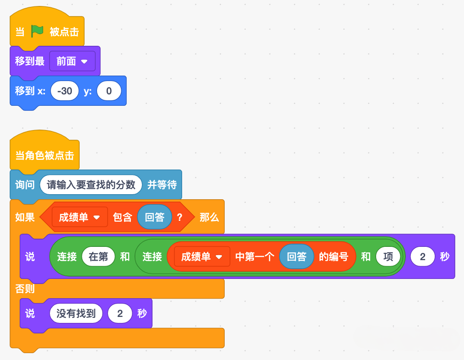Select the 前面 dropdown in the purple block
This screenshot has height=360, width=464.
(72, 61)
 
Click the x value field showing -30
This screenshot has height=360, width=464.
(65, 91)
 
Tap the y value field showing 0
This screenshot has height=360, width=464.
(109, 91)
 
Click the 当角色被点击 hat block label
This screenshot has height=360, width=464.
(45, 155)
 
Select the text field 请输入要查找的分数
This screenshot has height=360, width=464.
(91, 185)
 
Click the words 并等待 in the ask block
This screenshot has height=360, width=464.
(162, 185)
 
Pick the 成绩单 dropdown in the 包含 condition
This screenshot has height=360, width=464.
(80, 217)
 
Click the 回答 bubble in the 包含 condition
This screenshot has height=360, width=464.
(155, 217)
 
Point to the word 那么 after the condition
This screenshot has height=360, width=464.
(209, 217)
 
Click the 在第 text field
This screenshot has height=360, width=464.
(98, 256)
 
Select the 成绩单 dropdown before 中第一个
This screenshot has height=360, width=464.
(202, 256)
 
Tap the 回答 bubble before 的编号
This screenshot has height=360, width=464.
(297, 256)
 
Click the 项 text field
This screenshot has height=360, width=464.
(388, 256)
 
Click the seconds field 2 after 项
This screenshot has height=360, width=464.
(422, 256)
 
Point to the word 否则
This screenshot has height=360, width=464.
(25, 289)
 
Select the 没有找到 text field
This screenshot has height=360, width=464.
(76, 313)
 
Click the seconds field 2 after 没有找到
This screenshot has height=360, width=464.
(120, 313)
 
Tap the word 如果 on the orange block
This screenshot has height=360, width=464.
(25, 217)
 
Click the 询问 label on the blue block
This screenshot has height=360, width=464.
(25, 185)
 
